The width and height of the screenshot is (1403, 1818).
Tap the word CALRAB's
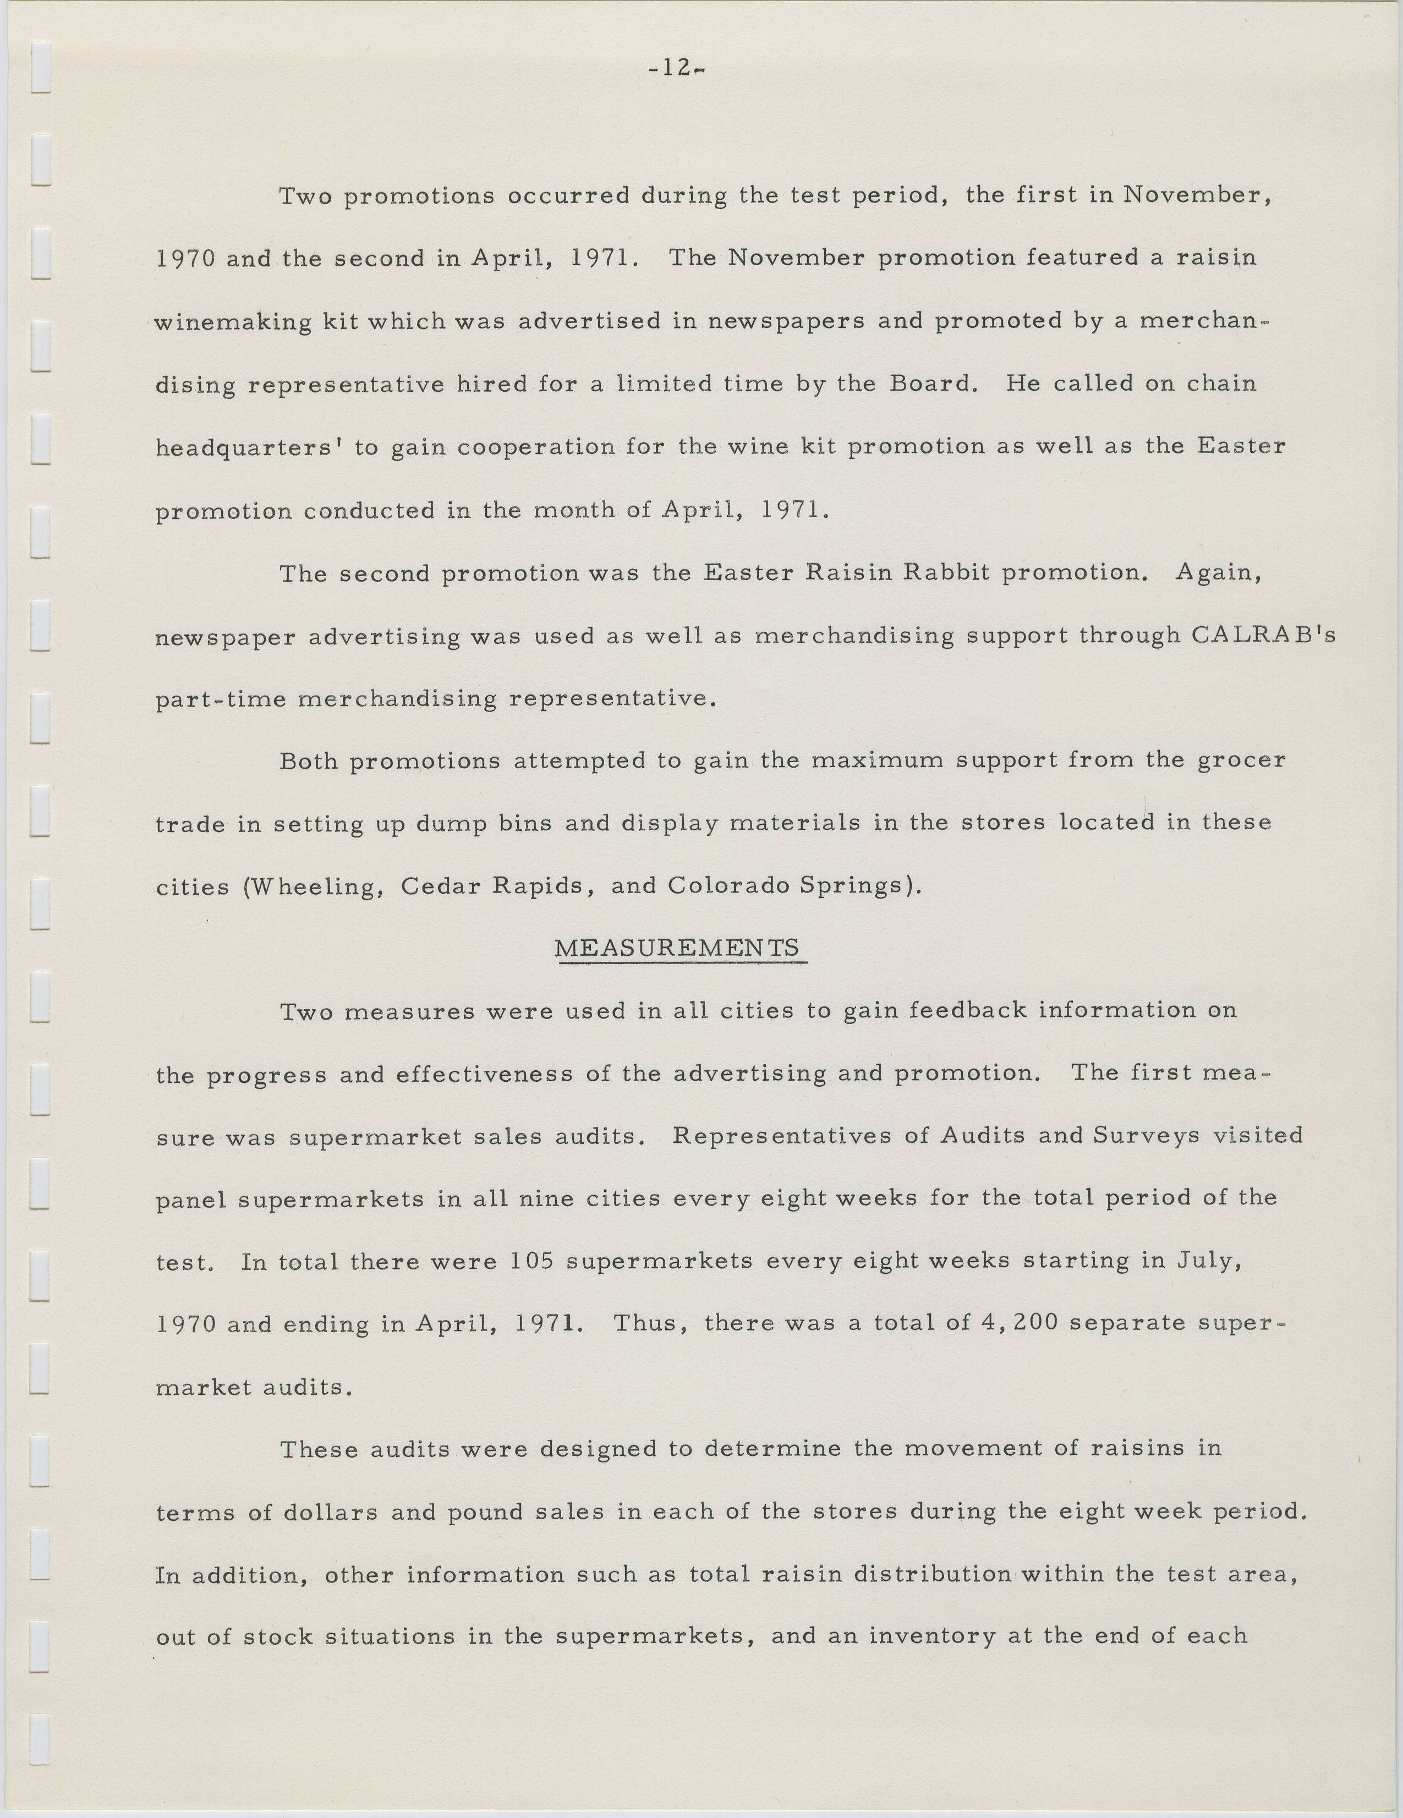(1263, 636)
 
